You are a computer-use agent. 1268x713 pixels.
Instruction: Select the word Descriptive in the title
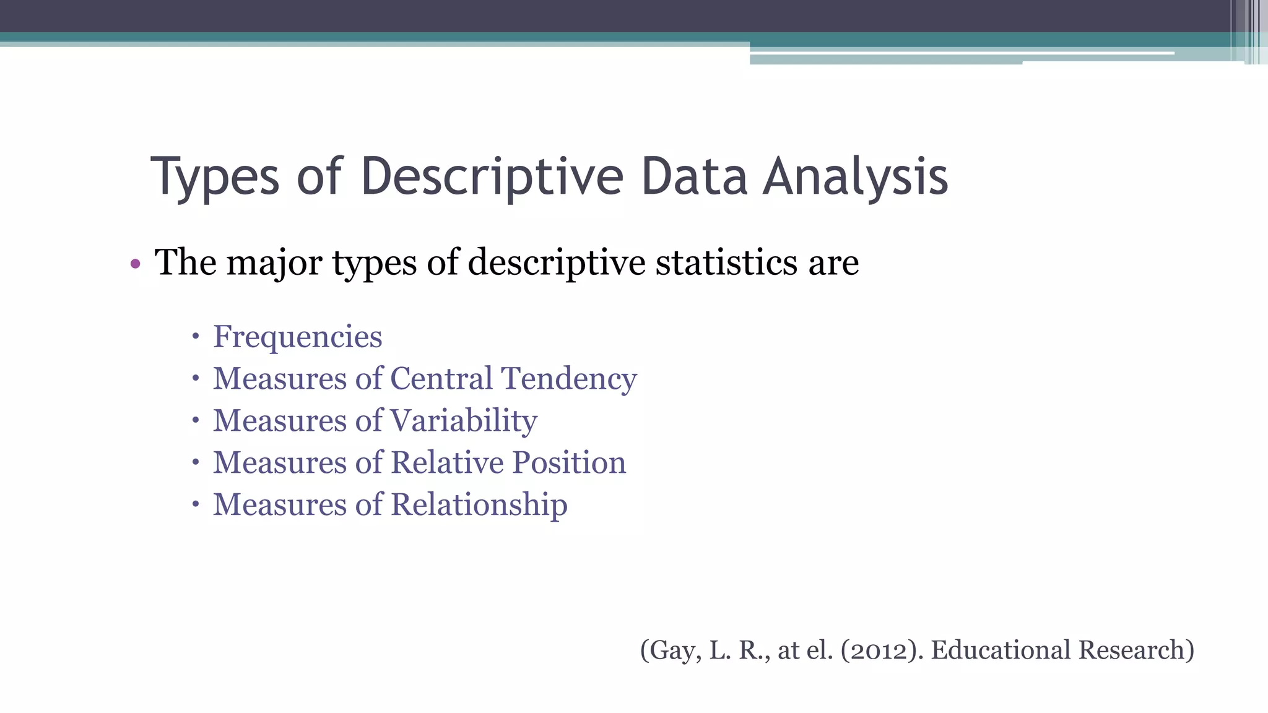point(492,178)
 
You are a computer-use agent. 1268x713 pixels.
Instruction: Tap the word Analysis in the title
point(855,178)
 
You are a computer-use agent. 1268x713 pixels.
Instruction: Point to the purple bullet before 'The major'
point(136,265)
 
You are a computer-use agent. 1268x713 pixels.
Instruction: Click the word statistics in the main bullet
point(726,262)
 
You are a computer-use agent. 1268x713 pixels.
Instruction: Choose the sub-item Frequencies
point(297,337)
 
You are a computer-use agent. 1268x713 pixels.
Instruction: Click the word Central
point(441,378)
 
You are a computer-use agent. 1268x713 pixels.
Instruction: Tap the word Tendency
point(569,379)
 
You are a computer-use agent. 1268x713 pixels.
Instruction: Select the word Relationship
point(479,505)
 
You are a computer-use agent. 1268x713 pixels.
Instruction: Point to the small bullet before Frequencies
point(196,337)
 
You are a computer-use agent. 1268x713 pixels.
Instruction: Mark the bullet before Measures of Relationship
point(196,504)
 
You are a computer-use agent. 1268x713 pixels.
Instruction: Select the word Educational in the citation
point(1001,650)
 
